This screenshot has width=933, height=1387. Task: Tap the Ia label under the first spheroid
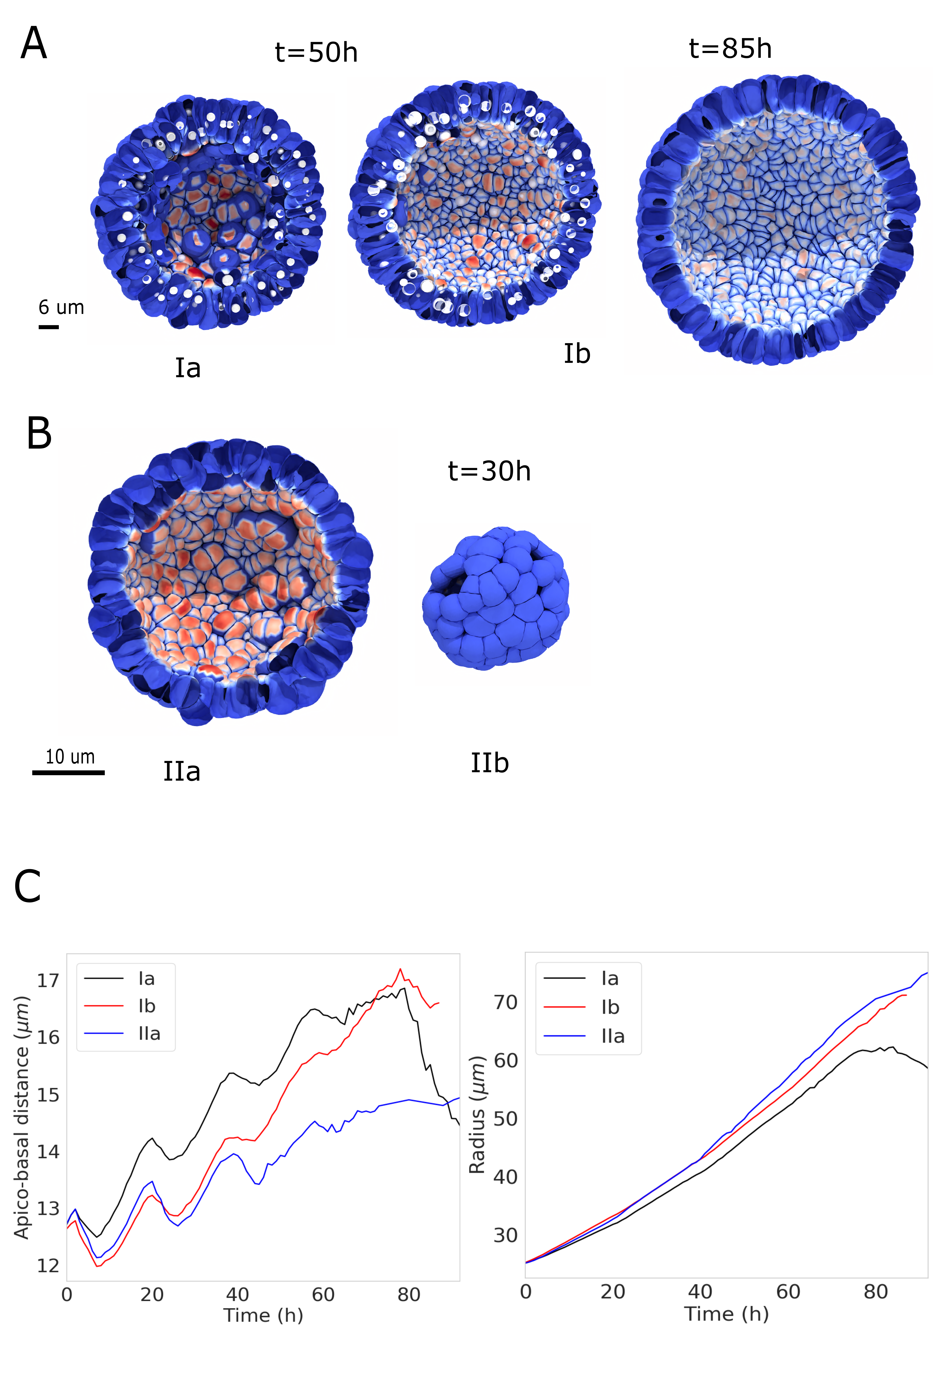pyautogui.click(x=187, y=368)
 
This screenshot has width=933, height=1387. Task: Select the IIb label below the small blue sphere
pyautogui.click(x=490, y=763)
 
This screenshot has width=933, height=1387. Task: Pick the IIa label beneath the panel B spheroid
pyautogui.click(x=182, y=771)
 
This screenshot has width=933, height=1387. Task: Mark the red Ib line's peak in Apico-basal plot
pyautogui.click(x=401, y=969)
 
